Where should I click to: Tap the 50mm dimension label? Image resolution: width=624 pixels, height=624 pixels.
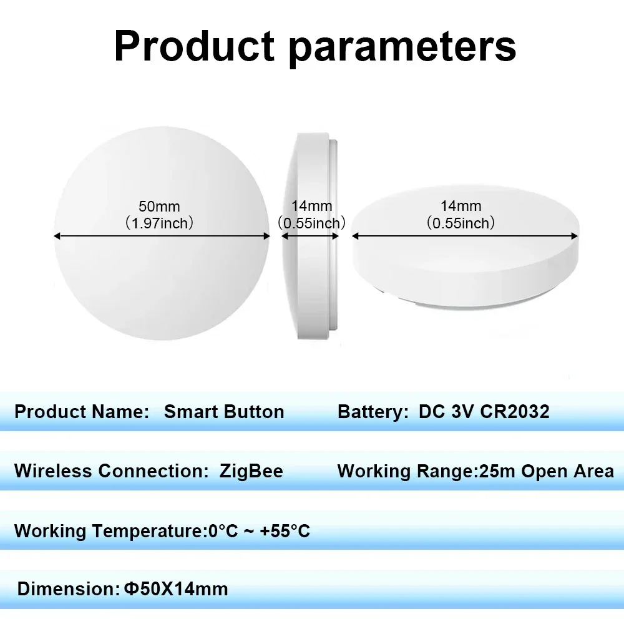tap(159, 206)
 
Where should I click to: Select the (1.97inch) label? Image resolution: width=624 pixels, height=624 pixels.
tap(159, 223)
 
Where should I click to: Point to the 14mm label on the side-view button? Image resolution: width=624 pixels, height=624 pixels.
tap(312, 206)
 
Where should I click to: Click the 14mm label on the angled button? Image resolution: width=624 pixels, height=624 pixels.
tap(461, 206)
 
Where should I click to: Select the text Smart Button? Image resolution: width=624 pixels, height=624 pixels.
tap(224, 412)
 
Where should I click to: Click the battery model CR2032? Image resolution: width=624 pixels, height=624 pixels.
tap(515, 412)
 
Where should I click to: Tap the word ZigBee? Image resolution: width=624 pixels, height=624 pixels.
tap(251, 471)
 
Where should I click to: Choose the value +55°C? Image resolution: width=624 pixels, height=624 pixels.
tap(285, 532)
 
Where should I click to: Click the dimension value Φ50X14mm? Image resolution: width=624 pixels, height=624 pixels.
tap(176, 588)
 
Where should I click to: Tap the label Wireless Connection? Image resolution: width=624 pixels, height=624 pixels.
tap(111, 471)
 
